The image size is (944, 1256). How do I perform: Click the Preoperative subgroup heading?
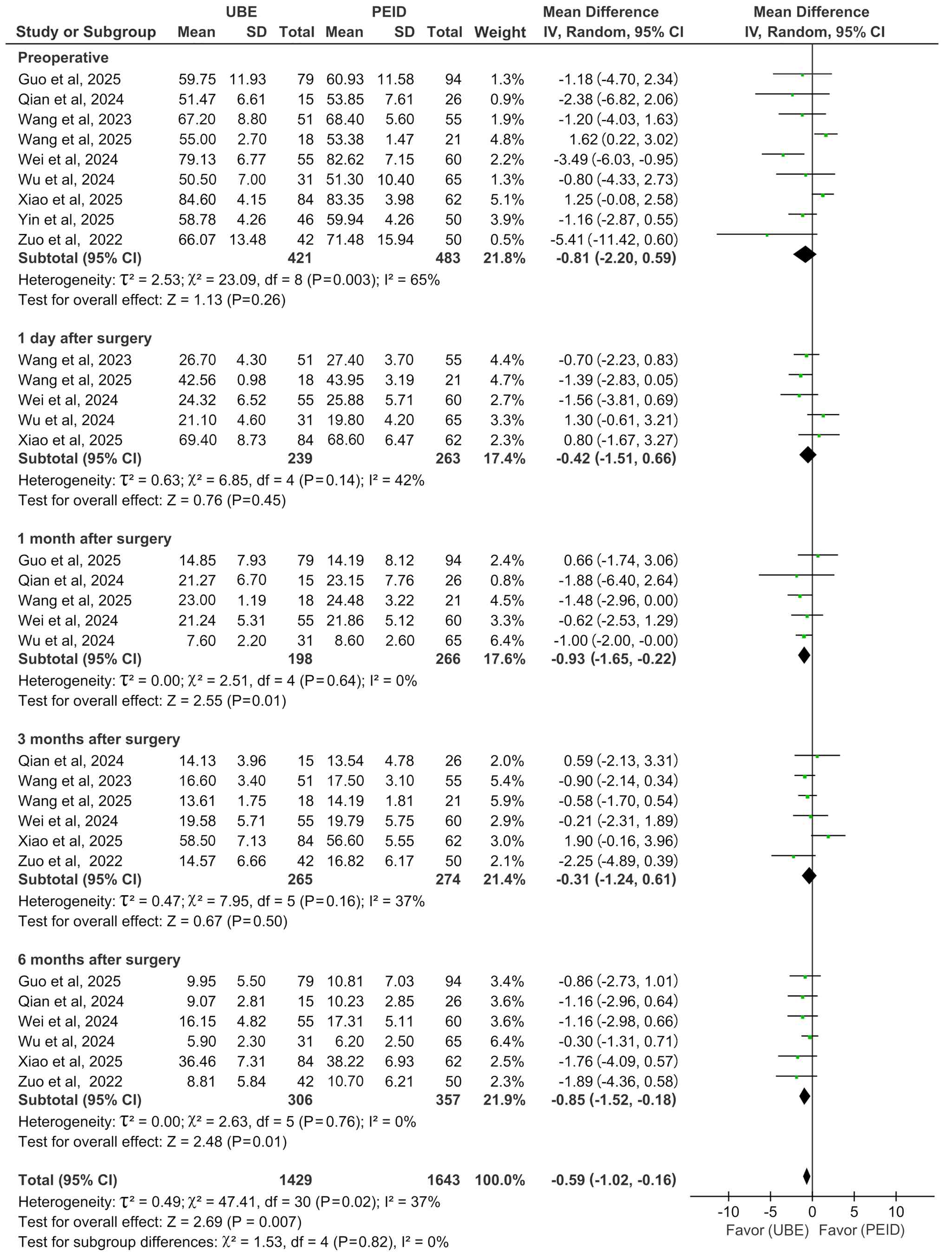tap(63, 58)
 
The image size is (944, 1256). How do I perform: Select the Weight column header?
tap(500, 33)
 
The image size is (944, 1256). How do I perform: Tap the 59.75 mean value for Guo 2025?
tap(197, 79)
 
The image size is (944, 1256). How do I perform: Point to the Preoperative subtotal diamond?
tap(804, 254)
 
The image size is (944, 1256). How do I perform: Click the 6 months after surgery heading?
tap(99, 960)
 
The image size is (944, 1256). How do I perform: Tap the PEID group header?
tap(388, 12)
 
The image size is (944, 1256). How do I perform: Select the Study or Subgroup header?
tap(86, 33)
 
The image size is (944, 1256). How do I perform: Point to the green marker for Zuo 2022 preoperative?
tap(767, 234)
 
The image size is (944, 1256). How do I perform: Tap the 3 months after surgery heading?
tap(99, 739)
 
